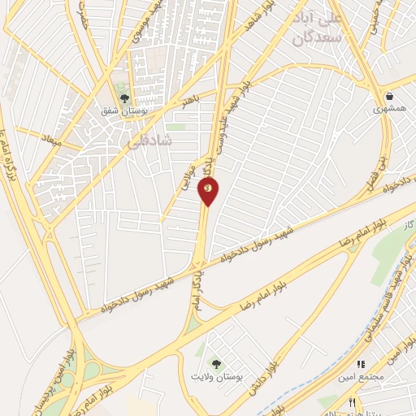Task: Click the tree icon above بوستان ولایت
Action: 215,363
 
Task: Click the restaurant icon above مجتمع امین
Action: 362,365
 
